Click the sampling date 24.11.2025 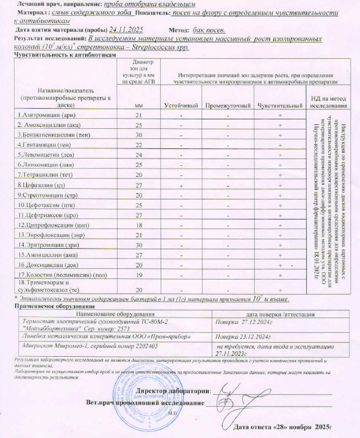pyautogui.click(x=127, y=29)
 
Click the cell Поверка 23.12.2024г pyautogui.click(x=242, y=337)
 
